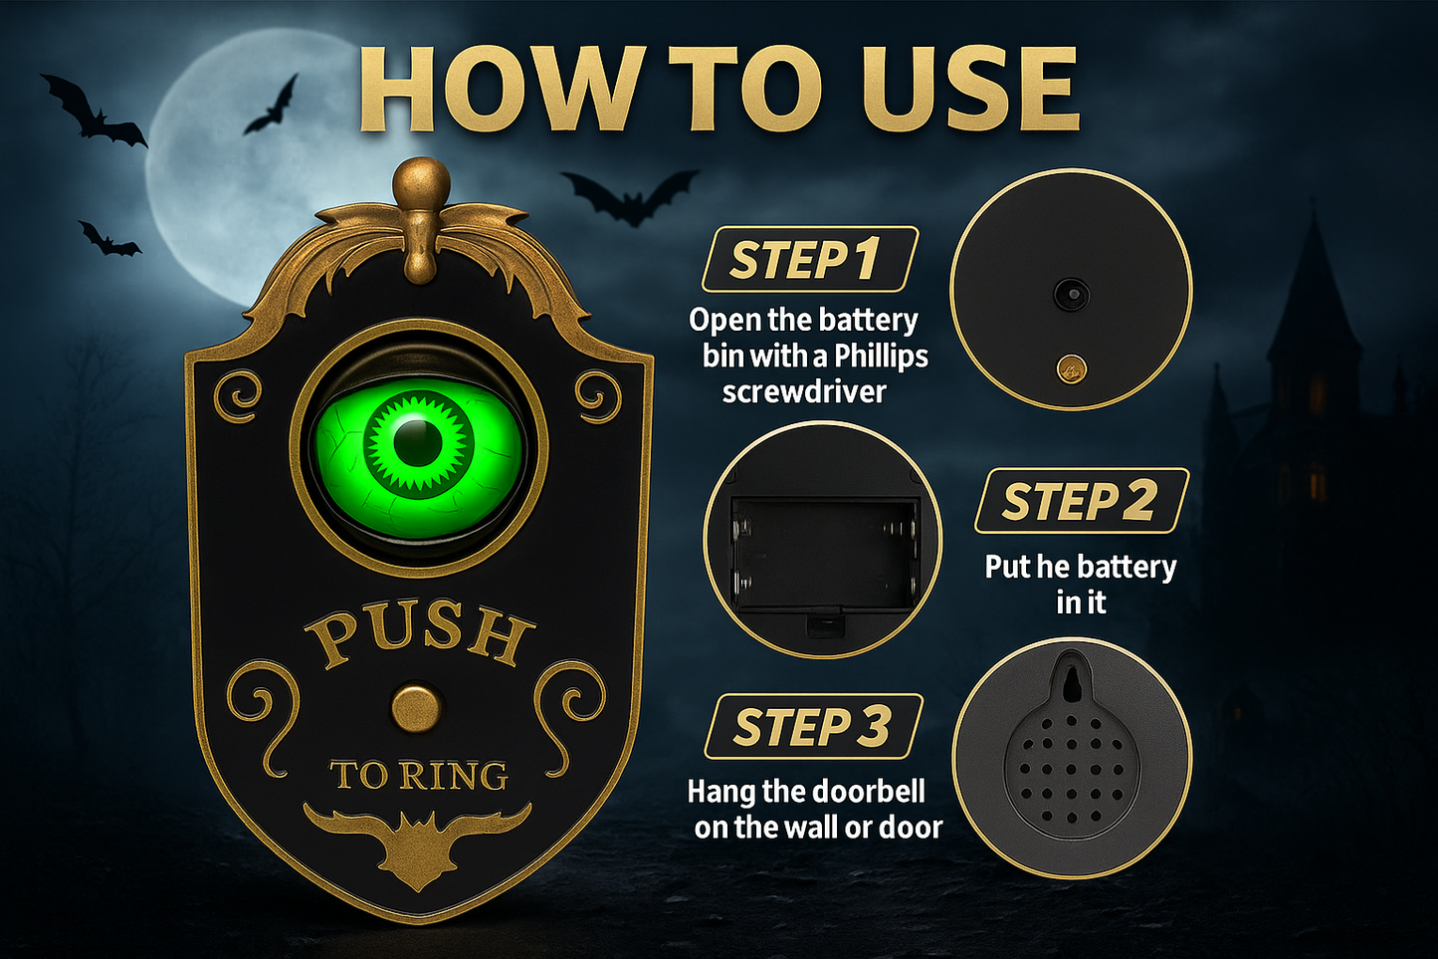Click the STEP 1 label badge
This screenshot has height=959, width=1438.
808,260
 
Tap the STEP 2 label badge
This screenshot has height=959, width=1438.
1081,501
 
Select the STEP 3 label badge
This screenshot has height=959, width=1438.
812,726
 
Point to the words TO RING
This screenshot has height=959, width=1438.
419,775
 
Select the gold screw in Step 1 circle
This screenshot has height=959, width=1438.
1071,369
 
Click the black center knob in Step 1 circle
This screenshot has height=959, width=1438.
1071,294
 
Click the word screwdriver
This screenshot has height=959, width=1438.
804,391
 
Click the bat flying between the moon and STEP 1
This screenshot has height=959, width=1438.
629,195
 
